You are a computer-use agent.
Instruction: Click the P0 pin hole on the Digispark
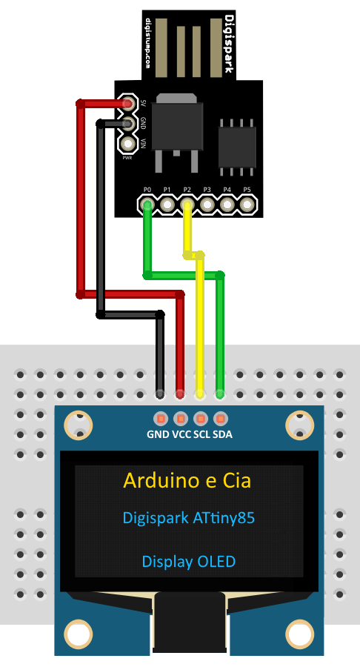click(x=147, y=205)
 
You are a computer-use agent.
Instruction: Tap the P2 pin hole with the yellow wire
click(x=187, y=205)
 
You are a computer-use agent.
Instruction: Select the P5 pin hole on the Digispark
click(x=247, y=205)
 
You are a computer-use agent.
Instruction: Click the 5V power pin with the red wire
click(x=127, y=103)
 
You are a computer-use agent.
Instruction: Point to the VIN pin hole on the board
click(x=127, y=145)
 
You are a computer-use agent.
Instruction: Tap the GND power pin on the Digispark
click(x=127, y=124)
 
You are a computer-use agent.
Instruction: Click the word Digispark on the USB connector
click(x=229, y=44)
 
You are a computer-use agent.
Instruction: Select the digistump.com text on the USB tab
click(x=148, y=44)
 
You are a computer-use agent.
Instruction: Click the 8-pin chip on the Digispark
click(x=237, y=147)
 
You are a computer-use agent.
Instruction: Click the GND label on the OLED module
click(x=158, y=434)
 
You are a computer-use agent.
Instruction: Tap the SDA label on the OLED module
click(x=223, y=434)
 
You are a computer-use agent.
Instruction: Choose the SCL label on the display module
click(x=202, y=434)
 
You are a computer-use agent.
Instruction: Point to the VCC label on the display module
click(x=181, y=434)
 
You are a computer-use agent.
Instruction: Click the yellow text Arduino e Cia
click(x=187, y=481)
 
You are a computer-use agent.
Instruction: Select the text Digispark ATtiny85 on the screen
click(x=189, y=518)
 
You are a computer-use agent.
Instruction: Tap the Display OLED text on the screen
click(x=189, y=562)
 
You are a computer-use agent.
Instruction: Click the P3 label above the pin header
click(x=207, y=190)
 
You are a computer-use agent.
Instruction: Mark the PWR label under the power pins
click(x=127, y=158)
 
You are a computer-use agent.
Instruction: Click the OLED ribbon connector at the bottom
click(x=189, y=622)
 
